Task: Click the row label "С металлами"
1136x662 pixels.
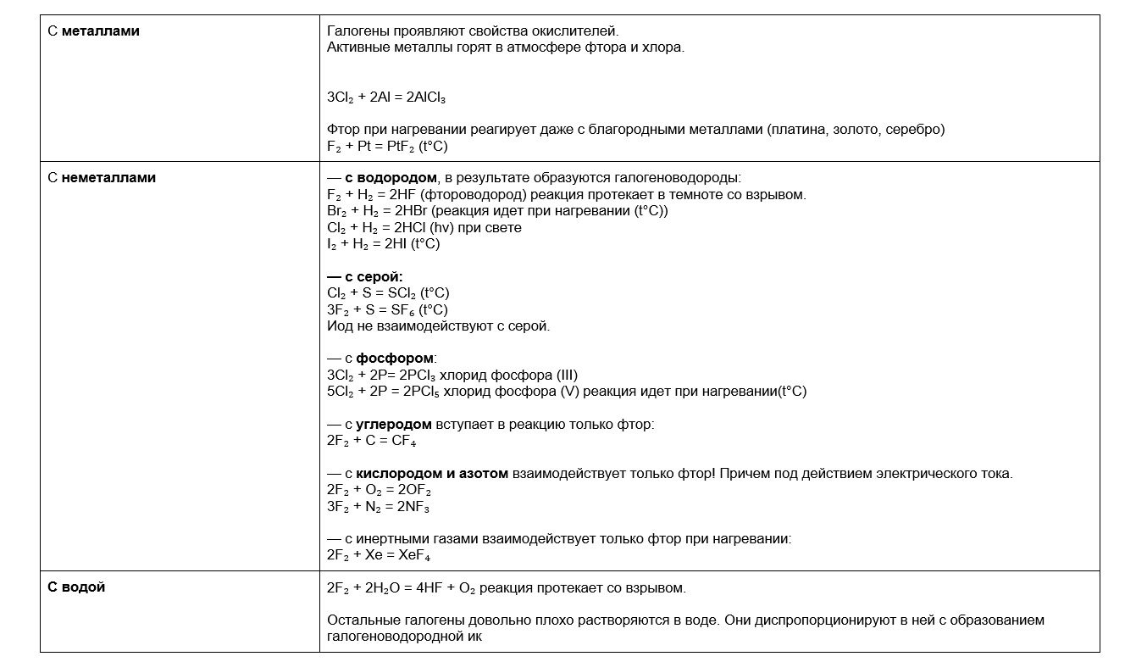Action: click(x=93, y=31)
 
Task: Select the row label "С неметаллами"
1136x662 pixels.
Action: click(x=102, y=178)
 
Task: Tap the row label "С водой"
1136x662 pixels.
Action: click(x=76, y=587)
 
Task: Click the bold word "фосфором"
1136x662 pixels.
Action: click(x=394, y=359)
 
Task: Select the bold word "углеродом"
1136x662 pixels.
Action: click(x=393, y=424)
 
